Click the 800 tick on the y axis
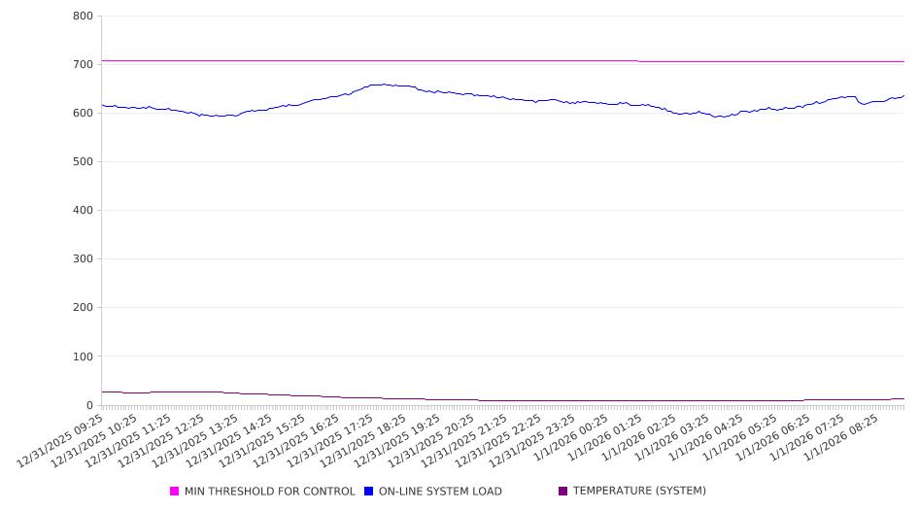tap(83, 16)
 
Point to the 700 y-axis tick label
tap(83, 64)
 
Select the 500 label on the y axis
tap(83, 161)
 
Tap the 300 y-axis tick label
tap(83, 259)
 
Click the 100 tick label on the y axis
tap(83, 357)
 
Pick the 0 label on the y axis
tap(88, 405)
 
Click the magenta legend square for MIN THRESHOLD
tap(175, 492)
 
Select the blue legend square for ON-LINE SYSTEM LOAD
tap(369, 492)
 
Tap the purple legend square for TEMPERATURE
tap(562, 492)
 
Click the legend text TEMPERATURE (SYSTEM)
tap(639, 492)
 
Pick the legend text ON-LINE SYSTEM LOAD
tap(440, 492)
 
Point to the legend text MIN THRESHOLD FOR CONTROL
tap(269, 492)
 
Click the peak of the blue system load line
tap(383, 85)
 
